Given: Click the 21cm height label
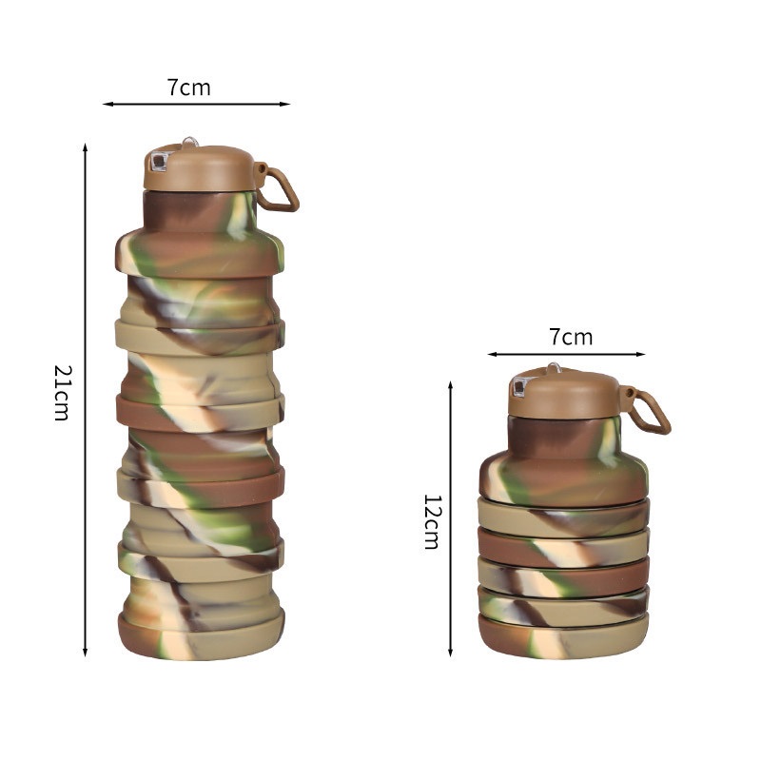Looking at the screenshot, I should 61,393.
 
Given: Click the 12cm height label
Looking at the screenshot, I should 432,521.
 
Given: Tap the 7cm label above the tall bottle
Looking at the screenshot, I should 189,88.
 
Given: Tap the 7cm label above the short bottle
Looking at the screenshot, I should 570,337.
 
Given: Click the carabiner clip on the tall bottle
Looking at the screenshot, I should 280,189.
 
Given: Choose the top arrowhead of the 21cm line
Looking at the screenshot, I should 86,148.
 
